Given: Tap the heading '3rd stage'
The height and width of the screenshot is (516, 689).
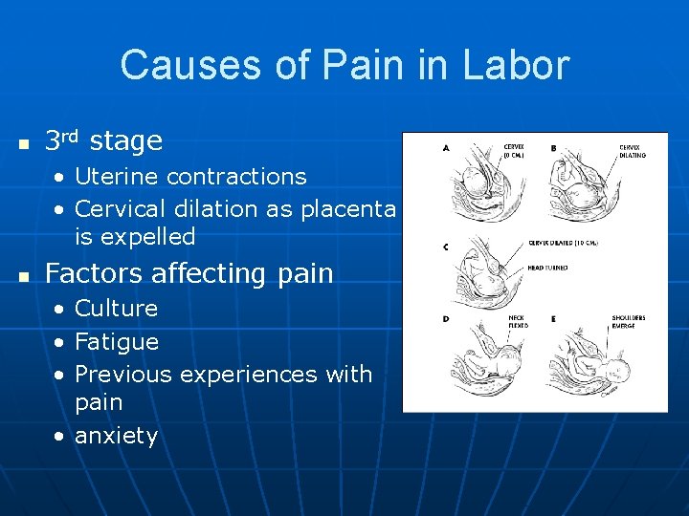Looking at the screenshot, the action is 103,141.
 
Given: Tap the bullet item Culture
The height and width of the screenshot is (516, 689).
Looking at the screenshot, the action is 116,308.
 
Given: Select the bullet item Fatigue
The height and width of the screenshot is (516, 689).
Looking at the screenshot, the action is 116,341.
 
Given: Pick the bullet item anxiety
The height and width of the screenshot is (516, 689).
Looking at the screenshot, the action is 116,436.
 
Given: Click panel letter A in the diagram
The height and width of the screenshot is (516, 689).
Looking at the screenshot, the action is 446,148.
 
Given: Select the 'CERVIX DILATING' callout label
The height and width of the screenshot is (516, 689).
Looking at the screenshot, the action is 632,151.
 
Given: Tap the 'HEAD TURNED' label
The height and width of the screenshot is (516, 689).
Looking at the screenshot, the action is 546,268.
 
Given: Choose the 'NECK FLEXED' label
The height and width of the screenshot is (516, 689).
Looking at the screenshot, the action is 518,321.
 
